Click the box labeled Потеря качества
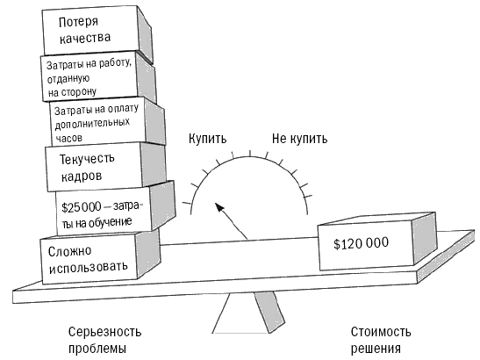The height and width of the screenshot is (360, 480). [97, 32]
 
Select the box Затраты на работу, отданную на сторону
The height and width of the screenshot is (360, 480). [98, 77]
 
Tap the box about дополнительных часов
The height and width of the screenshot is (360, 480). [107, 122]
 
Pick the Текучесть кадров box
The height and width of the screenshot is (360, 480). [105, 167]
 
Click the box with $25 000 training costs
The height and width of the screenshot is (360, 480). [116, 208]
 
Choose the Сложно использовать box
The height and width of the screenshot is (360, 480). [100, 257]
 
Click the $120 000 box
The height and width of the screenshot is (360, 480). [376, 242]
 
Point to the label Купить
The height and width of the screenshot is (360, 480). [208, 139]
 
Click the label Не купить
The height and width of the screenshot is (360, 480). [300, 139]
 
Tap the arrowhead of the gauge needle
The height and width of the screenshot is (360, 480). [219, 206]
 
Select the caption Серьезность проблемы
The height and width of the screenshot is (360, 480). [104, 340]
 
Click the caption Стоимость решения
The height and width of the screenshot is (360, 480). [381, 340]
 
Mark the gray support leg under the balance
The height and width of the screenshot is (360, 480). [269, 311]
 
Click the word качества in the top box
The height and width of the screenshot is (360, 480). [85, 38]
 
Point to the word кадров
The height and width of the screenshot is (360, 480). [82, 176]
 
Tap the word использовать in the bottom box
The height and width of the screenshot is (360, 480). [88, 268]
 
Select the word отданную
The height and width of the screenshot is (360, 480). [68, 79]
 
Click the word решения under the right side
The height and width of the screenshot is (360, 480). [376, 349]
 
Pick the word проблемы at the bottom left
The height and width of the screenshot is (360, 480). [97, 349]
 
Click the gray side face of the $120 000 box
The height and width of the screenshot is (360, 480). [425, 238]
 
